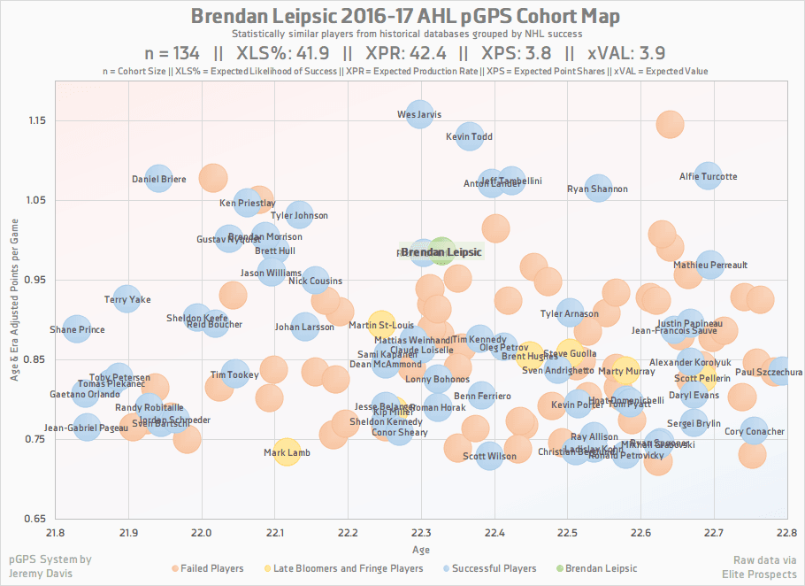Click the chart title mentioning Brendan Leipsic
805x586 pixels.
pos(405,16)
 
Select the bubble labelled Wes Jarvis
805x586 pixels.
pos(420,114)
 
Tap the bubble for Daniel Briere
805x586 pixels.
pos(159,179)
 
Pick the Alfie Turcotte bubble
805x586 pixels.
pos(707,176)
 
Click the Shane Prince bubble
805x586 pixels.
pos(77,329)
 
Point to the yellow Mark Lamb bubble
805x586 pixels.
pos(286,452)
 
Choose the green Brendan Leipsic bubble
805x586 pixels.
pos(442,252)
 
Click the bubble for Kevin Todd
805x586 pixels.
pos(469,136)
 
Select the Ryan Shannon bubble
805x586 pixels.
pos(598,189)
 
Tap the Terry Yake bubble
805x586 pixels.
pos(127,299)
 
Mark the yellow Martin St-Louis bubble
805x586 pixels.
pos(381,325)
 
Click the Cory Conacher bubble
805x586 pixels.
pos(754,431)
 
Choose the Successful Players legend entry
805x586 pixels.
pos(494,568)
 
